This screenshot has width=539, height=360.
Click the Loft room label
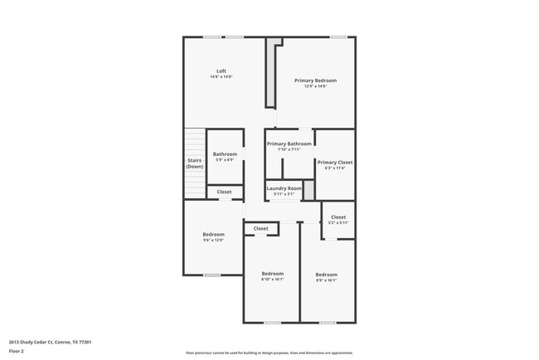[221, 71]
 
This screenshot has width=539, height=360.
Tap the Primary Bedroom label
[315, 80]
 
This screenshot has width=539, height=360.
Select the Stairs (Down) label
[194, 163]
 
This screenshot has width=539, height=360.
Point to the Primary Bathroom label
[289, 144]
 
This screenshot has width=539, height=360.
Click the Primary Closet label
[335, 162]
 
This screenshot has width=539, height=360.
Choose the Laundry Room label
[284, 188]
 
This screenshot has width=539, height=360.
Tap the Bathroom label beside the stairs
[225, 153]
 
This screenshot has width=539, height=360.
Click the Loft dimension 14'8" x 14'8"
[221, 77]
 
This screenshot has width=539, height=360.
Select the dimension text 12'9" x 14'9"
[315, 86]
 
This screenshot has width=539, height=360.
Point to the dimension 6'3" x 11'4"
[335, 168]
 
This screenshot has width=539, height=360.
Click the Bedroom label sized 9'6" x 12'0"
[213, 234]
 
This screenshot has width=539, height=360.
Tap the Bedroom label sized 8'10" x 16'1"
[272, 274]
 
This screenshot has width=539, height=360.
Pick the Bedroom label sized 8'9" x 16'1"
[326, 275]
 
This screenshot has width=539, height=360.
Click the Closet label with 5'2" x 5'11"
[337, 217]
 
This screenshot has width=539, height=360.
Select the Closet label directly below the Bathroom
[225, 192]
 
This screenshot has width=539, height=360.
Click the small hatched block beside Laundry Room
[308, 190]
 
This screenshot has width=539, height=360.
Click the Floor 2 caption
[17, 351]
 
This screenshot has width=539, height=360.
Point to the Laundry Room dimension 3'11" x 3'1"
[284, 194]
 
